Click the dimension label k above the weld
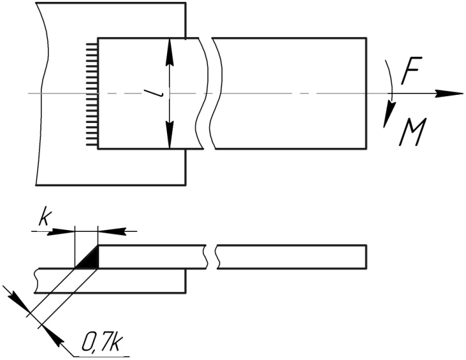[44, 217]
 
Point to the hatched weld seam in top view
[91, 94]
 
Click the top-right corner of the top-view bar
[367, 38]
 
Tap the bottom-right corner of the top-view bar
[367, 150]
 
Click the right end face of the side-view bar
[367, 255]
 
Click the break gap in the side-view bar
[212, 255]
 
